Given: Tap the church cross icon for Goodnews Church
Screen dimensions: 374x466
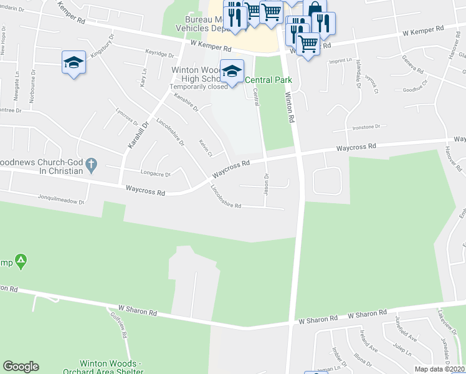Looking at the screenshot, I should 92,165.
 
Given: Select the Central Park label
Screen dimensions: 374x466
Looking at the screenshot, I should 268,80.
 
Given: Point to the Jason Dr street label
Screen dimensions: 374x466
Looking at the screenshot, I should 266,183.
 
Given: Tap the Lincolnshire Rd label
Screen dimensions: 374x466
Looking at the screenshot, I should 226,196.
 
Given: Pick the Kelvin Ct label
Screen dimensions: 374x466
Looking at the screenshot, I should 205,148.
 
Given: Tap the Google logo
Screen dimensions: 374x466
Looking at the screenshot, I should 21,367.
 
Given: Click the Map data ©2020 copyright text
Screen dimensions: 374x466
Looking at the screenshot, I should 440,369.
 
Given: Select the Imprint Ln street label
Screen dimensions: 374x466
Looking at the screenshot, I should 342,61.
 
